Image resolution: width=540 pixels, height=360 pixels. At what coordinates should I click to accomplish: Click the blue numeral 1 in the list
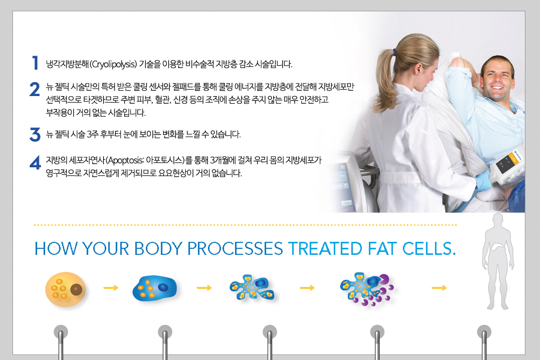coord(35,63)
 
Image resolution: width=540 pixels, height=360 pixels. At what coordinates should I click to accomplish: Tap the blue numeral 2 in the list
coord(35,90)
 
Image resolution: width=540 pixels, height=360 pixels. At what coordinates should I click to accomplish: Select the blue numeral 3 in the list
coord(35,134)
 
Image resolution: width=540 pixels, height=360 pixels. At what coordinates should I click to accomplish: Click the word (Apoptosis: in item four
coord(125,160)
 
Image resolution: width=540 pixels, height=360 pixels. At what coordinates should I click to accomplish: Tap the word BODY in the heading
coord(158,248)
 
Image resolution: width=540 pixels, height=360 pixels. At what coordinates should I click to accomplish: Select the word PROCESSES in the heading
coord(235,248)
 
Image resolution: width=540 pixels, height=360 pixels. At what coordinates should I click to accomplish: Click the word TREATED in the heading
coord(325,248)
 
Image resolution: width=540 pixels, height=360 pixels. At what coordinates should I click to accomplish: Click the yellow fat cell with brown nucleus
coord(65,289)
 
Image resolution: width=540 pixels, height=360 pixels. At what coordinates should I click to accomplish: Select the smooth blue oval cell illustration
coord(154,288)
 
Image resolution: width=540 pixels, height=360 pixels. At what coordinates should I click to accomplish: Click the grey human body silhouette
coord(498,262)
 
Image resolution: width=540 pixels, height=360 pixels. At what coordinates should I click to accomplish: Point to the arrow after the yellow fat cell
coord(111,288)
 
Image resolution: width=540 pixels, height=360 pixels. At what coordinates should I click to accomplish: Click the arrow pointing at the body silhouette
coord(439,288)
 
